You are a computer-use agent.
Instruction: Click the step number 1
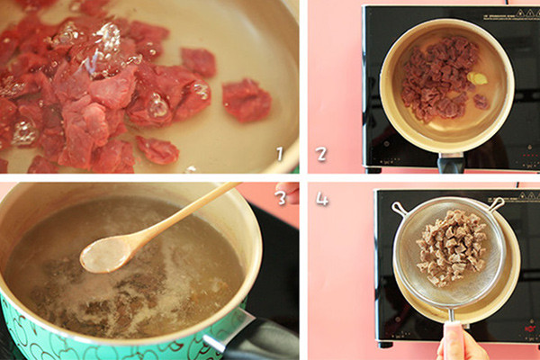[x=280, y=154]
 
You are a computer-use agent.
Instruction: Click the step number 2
[x=321, y=154]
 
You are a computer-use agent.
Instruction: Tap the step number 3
[x=280, y=197]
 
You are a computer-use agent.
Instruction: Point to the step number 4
[x=322, y=199]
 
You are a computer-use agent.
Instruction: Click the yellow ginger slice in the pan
[x=477, y=78]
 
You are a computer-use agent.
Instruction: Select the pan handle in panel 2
[x=450, y=163]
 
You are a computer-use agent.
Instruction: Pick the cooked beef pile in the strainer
[x=452, y=248]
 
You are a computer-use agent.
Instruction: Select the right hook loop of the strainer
[x=497, y=203]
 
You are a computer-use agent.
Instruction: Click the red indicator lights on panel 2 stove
[x=526, y=156]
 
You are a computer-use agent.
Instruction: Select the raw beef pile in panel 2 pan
[x=440, y=79]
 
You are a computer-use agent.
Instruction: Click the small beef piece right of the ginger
[x=481, y=102]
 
